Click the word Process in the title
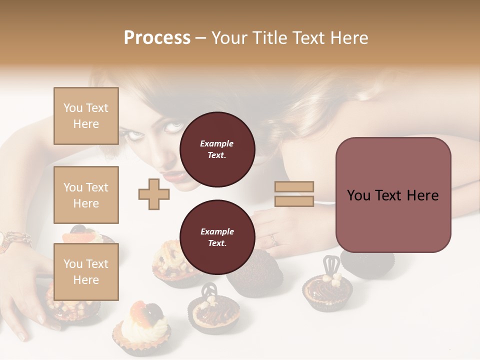tap(157, 38)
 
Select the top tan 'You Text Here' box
tap(86, 116)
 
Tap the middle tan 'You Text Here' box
tap(86, 195)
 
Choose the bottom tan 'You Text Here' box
tap(86, 271)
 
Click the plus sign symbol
tap(153, 194)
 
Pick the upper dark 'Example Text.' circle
tap(217, 149)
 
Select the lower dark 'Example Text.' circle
tap(217, 237)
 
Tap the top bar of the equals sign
tap(294, 186)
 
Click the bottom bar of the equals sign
tap(294, 201)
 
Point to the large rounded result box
tap(393, 195)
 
